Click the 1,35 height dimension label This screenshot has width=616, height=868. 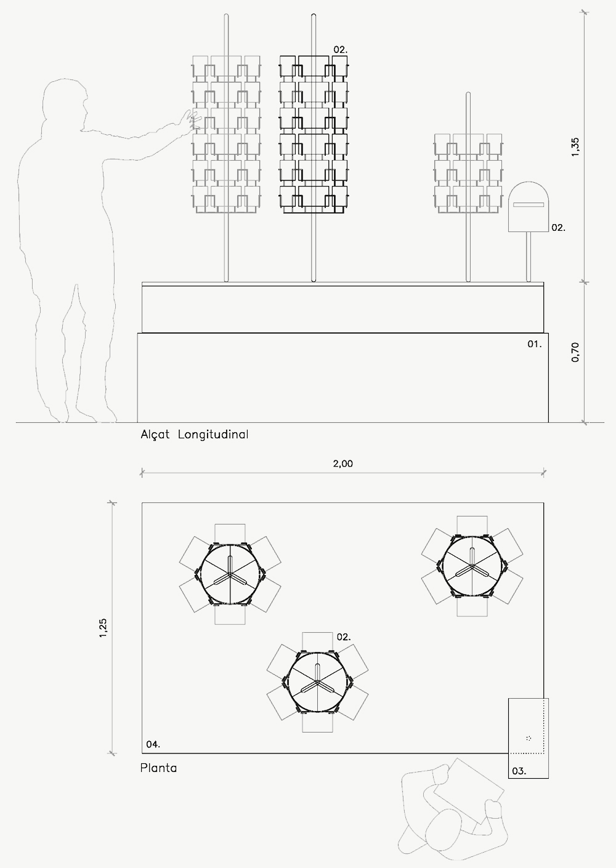click(575, 147)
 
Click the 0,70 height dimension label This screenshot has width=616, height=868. click(575, 352)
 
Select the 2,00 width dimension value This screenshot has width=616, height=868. click(342, 464)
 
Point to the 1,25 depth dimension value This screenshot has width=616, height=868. click(103, 627)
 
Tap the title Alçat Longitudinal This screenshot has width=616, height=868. click(194, 435)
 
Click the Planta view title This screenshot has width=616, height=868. click(158, 768)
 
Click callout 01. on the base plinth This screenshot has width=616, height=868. click(535, 344)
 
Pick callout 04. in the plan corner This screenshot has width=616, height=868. click(153, 744)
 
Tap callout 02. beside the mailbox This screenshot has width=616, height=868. click(558, 228)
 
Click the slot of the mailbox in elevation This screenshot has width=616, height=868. click(529, 204)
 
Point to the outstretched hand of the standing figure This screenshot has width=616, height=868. click(193, 120)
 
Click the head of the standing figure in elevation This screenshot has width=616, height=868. click(65, 100)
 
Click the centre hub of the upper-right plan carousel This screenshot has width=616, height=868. click(472, 566)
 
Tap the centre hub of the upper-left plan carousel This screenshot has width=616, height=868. click(230, 574)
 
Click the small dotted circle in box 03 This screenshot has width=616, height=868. click(529, 738)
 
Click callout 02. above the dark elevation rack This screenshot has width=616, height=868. click(341, 50)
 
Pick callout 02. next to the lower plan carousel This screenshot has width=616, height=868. click(344, 637)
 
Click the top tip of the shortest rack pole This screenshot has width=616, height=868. click(468, 92)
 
